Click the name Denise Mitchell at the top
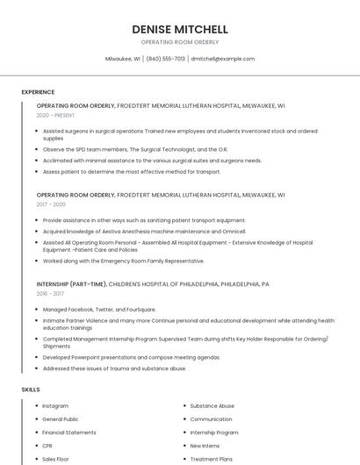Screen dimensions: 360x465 pos(180,29)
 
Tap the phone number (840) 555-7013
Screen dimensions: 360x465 pos(165,59)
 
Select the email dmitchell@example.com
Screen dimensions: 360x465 pos(223,59)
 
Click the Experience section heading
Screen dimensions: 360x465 pos(38,92)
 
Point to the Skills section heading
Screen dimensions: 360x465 pos(31,389)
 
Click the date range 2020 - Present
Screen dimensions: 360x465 pos(55,115)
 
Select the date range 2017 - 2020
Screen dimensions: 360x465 pos(51,204)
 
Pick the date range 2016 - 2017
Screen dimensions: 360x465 pos(50,294)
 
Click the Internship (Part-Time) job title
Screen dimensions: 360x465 pos(72,284)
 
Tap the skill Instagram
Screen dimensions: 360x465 pos(55,406)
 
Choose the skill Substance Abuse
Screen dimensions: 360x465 pos(212,406)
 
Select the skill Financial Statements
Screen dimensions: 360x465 pos(69,433)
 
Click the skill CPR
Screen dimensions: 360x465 pos(47,446)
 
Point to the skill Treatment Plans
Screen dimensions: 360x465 pos(212,459)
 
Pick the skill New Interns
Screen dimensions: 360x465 pos(205,446)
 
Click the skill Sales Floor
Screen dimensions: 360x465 pos(55,459)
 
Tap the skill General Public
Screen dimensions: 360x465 pos(61,419)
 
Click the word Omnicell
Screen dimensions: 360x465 pos(233,232)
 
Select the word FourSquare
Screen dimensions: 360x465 pos(138,310)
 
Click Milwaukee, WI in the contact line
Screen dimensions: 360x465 pos(123,59)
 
